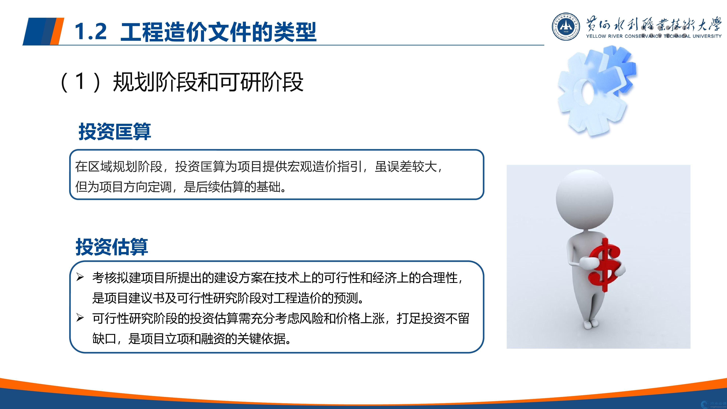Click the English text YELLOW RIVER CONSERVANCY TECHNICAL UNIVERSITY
[654, 36]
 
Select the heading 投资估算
[112, 247]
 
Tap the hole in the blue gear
[586, 92]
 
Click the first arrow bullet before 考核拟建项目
[80, 277]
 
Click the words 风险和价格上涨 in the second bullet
[342, 318]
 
